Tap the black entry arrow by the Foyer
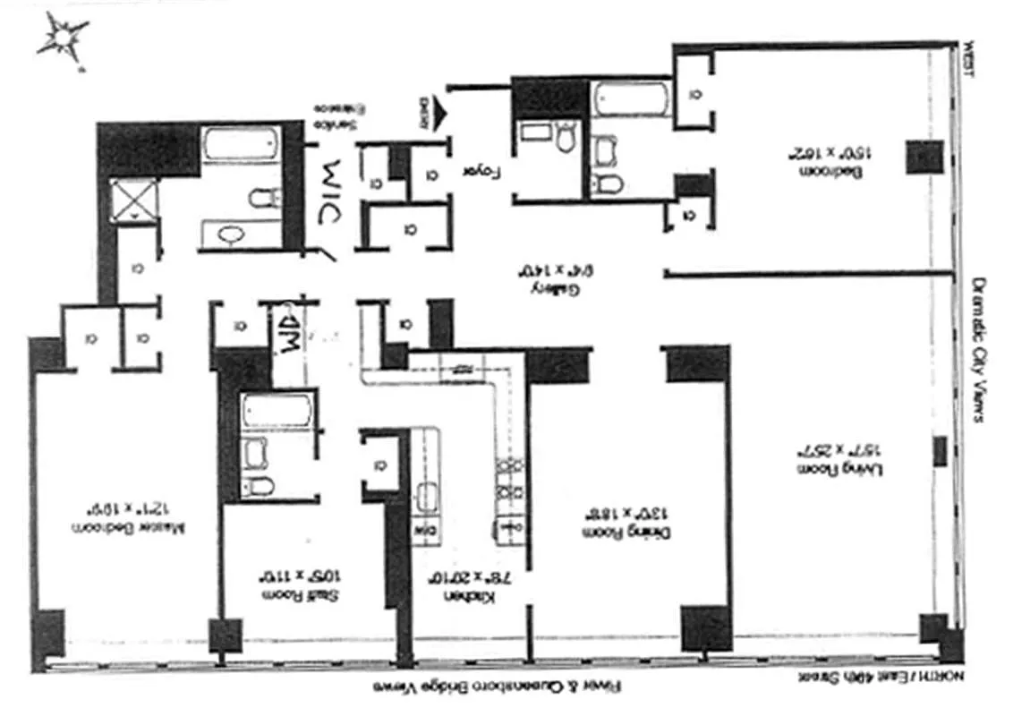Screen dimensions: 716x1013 pyautogui.click(x=438, y=113)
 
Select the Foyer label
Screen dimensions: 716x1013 pyautogui.click(x=480, y=169)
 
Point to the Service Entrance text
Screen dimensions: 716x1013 pyautogui.click(x=338, y=115)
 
